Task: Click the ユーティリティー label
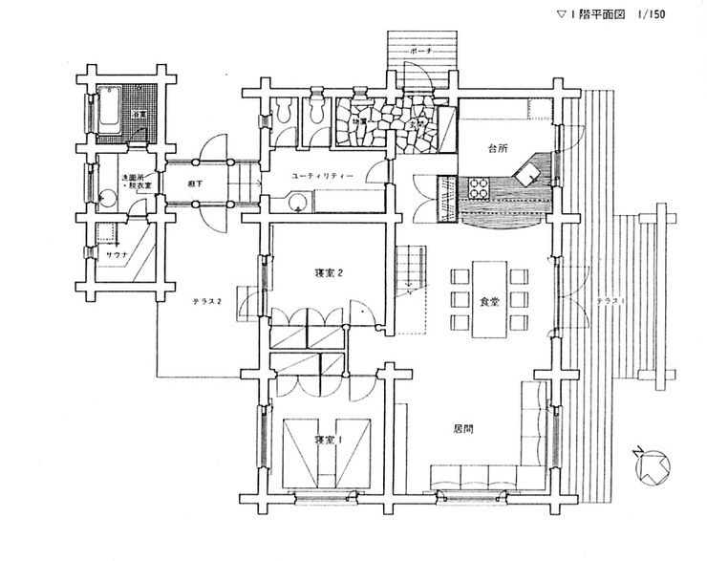324,177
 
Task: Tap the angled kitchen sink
527,172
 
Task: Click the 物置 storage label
359,121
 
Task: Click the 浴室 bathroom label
139,115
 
